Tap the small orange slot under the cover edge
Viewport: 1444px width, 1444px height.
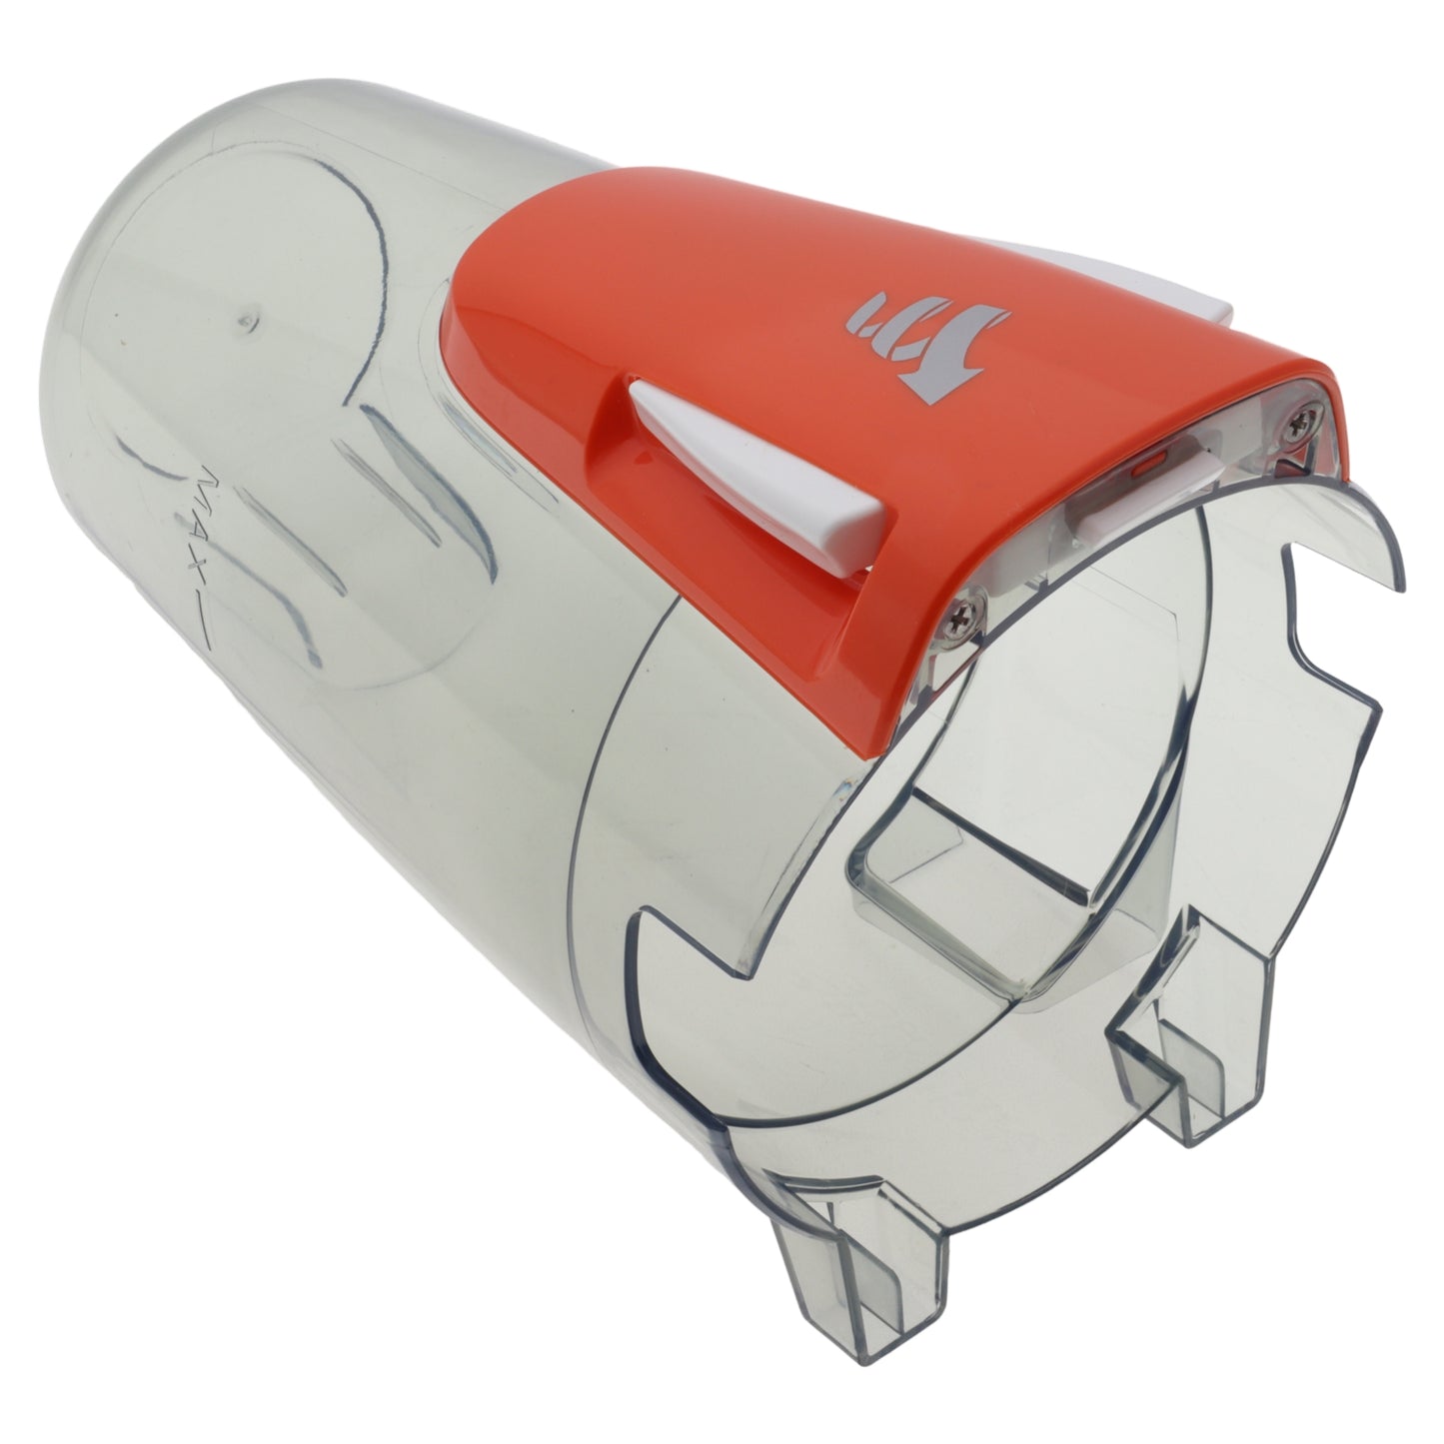coord(1146,461)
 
